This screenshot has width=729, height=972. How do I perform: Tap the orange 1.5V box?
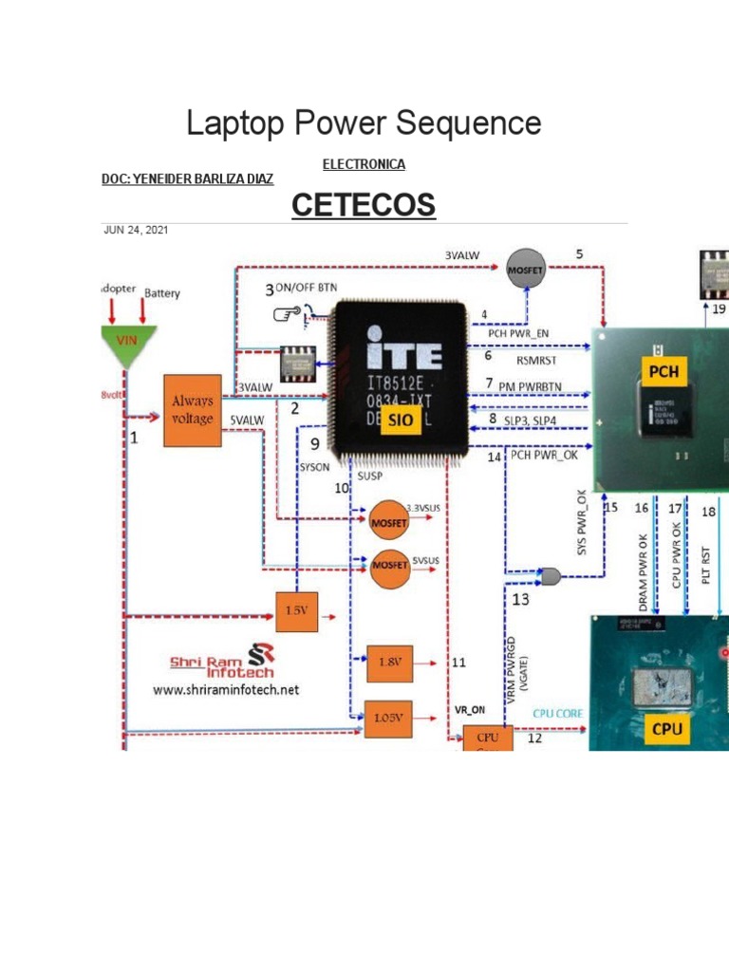point(294,610)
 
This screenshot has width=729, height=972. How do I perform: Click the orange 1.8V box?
point(390,664)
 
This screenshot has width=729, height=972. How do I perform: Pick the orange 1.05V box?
point(390,718)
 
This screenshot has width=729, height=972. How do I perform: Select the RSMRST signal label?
point(537,360)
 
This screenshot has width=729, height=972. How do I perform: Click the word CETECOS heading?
point(364,205)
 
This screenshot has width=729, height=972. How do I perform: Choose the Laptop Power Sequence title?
point(364,122)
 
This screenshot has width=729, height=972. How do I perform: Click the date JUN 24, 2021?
point(136,231)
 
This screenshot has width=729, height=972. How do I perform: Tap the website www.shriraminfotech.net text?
point(226,690)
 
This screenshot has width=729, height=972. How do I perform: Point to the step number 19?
point(719,309)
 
